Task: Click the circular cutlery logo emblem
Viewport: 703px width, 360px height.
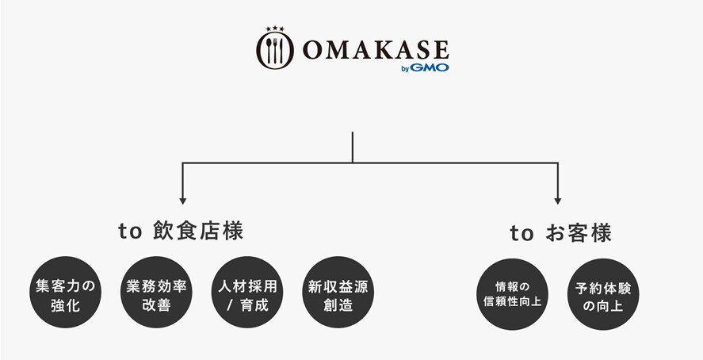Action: pos(275,50)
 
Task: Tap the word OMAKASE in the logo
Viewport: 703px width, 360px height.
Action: pos(376,50)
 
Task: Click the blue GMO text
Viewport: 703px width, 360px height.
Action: pos(429,67)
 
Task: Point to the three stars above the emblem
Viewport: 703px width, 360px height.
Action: pos(275,29)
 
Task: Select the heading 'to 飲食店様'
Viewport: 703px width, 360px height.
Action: pos(181,231)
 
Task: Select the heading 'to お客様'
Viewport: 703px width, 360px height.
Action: pos(560,233)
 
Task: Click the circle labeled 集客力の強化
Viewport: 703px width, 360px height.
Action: pos(66,292)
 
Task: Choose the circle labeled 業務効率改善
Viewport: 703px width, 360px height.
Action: pos(156,292)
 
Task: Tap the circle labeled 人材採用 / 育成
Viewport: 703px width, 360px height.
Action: pos(247,292)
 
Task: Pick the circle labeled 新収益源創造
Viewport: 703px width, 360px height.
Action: pos(338,292)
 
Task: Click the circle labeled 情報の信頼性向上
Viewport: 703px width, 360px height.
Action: pos(513,294)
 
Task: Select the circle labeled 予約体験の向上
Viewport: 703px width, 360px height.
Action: pos(603,294)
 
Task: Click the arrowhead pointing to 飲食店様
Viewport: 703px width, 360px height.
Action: pos(182,201)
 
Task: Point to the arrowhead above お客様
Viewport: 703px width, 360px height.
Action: pos(558,201)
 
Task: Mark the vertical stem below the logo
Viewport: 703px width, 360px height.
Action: pos(353,147)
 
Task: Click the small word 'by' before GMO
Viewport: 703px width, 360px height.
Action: pos(405,69)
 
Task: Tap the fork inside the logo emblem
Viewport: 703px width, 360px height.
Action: pos(275,50)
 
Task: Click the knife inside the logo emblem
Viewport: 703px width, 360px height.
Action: pos(281,50)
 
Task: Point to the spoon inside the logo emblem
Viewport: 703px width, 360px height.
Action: pos(269,50)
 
